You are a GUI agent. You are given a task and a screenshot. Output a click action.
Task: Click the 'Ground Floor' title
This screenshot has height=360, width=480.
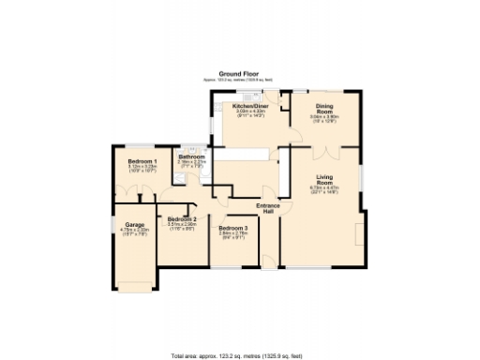click(239, 72)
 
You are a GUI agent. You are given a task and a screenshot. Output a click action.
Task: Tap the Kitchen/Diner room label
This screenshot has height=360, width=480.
click(250, 106)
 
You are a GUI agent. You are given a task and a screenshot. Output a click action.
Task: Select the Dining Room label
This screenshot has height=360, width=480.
click(324, 108)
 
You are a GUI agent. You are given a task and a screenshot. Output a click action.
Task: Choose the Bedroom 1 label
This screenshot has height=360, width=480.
click(142, 161)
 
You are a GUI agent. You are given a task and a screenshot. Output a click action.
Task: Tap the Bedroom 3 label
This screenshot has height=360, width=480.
click(232, 229)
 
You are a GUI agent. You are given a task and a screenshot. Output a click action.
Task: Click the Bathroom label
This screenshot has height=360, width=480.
click(191, 156)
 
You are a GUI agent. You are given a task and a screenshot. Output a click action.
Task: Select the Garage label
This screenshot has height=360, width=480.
click(133, 225)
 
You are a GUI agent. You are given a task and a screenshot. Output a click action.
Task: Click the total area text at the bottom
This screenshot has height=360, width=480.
click(239, 355)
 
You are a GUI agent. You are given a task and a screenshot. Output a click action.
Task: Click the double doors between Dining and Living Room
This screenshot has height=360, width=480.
click(324, 147)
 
